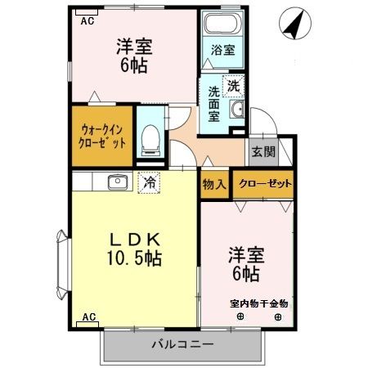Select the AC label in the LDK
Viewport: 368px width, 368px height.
[x=88, y=316]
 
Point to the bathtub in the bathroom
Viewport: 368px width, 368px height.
[x=220, y=25]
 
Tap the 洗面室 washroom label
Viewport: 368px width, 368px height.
[x=213, y=104]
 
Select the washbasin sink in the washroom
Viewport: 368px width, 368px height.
[x=238, y=110]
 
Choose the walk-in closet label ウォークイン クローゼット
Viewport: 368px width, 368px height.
[x=103, y=135]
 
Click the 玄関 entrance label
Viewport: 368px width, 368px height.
[x=263, y=152]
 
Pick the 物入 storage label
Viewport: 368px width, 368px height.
[x=214, y=185]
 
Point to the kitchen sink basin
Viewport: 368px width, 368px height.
[x=115, y=182]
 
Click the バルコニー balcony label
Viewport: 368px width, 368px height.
[x=182, y=344]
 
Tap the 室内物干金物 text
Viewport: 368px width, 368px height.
[x=259, y=304]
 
